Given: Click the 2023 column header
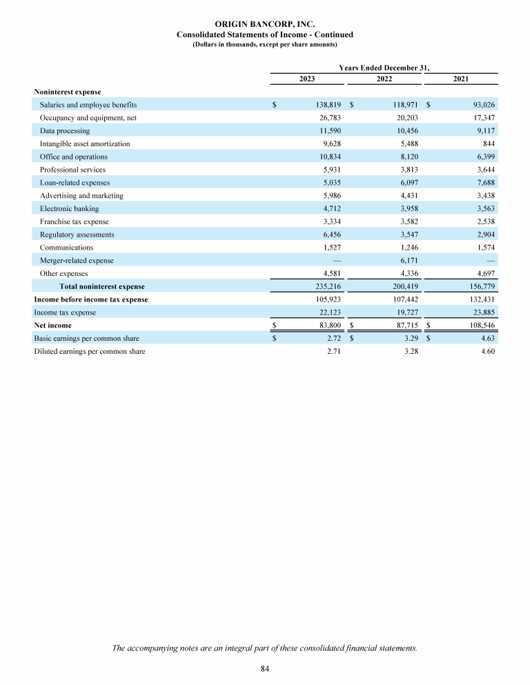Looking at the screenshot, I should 307,79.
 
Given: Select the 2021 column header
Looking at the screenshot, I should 461,79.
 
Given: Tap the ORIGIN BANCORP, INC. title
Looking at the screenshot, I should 264,24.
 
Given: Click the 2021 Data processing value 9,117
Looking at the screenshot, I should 484,131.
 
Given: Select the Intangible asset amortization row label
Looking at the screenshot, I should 85,143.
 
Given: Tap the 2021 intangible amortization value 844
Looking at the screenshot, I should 489,143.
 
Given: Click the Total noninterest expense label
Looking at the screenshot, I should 102,286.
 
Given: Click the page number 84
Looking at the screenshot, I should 265,668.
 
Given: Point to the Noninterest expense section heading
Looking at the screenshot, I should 67,92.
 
